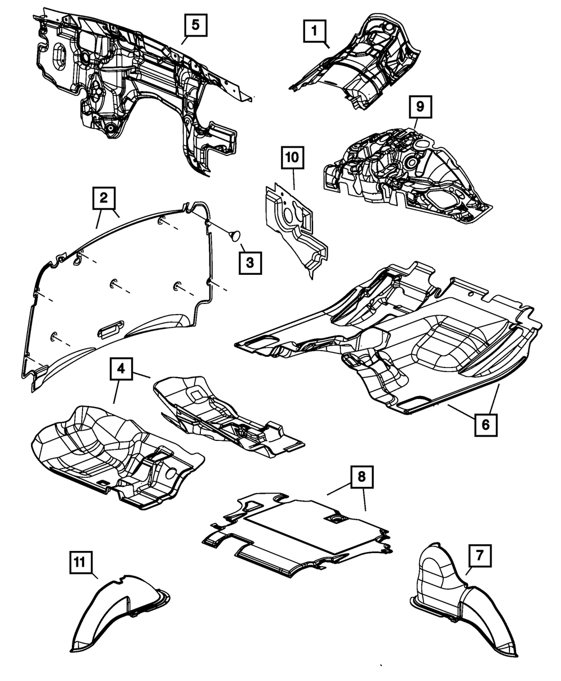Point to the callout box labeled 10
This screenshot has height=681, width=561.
pos(292,158)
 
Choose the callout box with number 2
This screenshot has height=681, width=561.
pos(104,198)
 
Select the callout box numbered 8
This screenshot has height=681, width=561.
pos(361,477)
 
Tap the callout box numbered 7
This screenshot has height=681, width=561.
pos(480,556)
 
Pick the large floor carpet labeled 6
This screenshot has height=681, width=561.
pos(404,342)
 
